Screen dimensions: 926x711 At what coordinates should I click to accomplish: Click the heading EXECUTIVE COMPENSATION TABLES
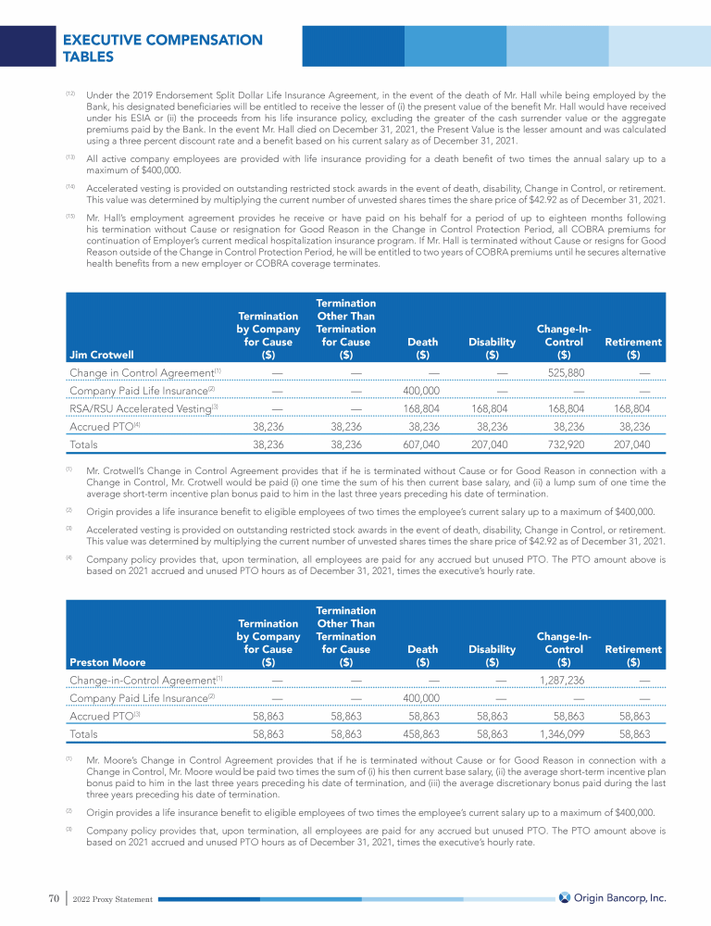[162, 48]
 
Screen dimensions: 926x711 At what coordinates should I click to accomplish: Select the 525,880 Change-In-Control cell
[563, 373]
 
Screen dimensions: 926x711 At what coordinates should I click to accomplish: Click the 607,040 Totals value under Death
[419, 444]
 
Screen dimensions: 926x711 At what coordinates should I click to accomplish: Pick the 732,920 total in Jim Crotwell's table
[563, 444]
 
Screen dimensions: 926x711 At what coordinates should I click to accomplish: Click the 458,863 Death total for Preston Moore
[419, 733]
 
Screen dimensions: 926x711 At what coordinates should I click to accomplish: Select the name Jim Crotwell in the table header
[102, 354]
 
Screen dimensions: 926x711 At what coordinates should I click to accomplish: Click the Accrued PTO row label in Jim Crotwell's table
[103, 427]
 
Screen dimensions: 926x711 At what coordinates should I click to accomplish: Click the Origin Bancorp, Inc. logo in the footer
[612, 897]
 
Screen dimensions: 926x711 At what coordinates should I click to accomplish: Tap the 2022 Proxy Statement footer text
[112, 898]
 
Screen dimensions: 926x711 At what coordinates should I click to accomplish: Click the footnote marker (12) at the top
[70, 94]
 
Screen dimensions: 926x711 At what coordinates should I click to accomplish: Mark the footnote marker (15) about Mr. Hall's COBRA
[70, 216]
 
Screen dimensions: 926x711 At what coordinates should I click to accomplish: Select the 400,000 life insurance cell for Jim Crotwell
[420, 391]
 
